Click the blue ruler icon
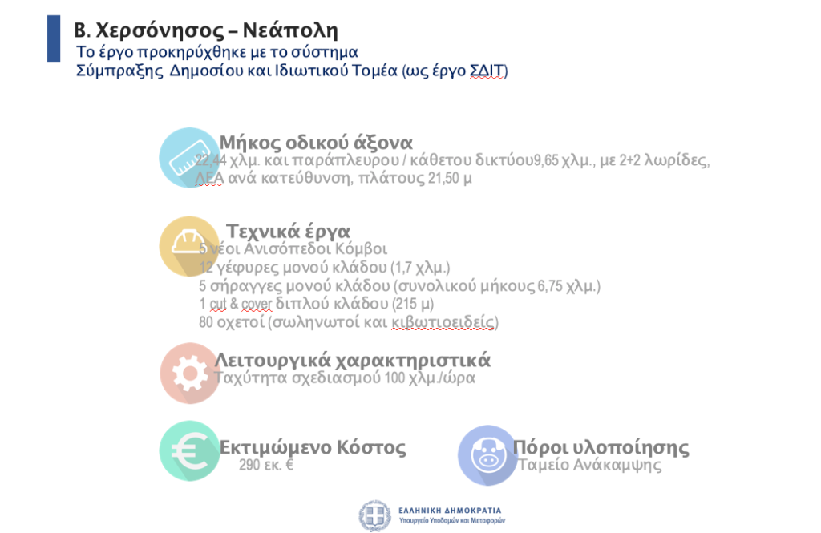point(189,158)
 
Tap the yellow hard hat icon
point(189,246)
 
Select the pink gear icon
point(189,374)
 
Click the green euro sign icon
point(189,450)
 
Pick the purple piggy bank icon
point(488,455)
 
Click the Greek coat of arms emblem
point(375,515)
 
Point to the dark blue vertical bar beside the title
point(54,38)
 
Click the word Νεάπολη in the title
point(290,30)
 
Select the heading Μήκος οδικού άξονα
point(316,143)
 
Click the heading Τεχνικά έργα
point(288,232)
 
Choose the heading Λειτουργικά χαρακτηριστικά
point(353,360)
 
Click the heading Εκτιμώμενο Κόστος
point(313,447)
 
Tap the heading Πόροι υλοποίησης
point(601,447)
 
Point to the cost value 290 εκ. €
point(266,464)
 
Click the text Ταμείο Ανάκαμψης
point(589,465)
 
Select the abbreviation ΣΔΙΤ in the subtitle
point(487,71)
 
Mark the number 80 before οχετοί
point(206,322)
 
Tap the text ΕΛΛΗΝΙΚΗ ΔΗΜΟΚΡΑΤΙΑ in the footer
point(450,511)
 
